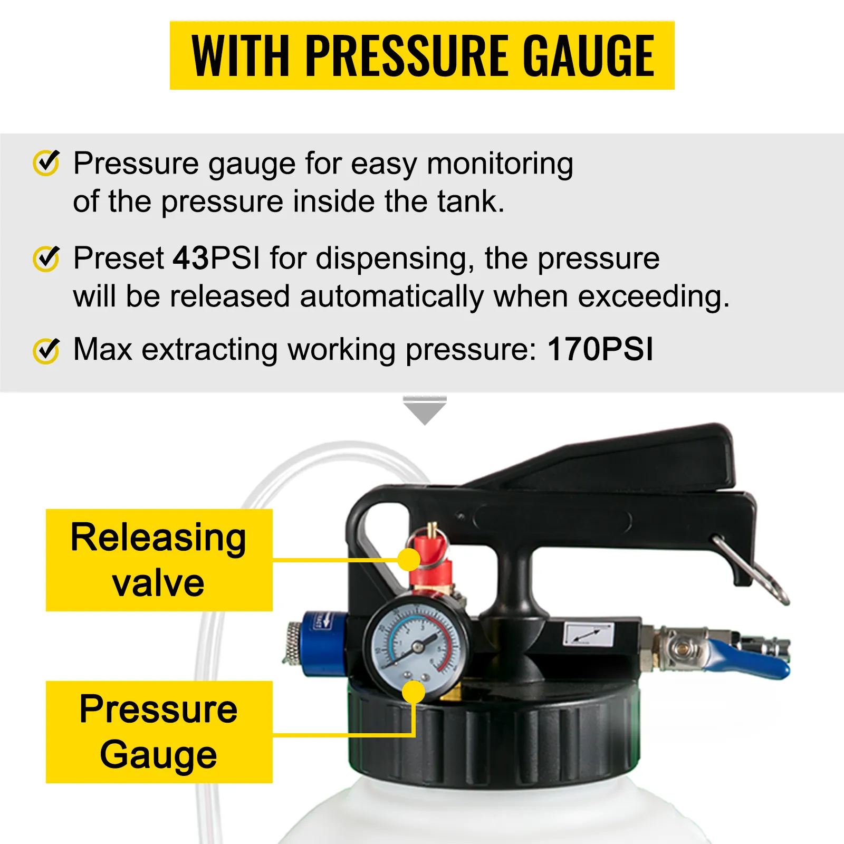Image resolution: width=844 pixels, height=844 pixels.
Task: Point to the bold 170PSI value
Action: (600, 349)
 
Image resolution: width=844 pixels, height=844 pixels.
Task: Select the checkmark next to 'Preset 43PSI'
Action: (46, 258)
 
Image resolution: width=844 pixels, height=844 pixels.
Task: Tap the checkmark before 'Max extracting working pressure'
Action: (46, 350)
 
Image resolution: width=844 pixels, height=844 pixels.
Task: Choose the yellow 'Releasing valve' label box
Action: (159, 560)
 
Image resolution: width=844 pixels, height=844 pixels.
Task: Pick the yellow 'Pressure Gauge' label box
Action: (159, 732)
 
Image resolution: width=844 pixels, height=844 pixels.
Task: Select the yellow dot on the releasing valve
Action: (409, 559)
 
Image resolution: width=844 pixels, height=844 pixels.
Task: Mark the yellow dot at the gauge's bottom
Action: (413, 692)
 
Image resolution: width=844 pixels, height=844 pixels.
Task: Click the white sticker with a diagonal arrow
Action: (589, 634)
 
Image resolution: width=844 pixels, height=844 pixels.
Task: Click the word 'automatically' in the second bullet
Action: (391, 296)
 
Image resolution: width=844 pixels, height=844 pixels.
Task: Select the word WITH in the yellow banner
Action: (241, 56)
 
